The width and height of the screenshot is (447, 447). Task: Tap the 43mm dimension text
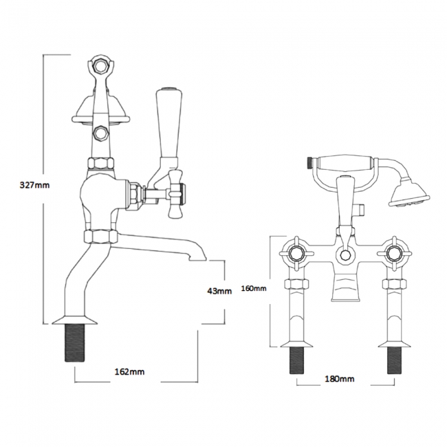pyautogui.click(x=219, y=291)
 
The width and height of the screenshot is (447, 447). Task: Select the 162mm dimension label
pyautogui.click(x=131, y=372)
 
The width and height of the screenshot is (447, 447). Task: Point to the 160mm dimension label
pyautogui.click(x=254, y=288)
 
